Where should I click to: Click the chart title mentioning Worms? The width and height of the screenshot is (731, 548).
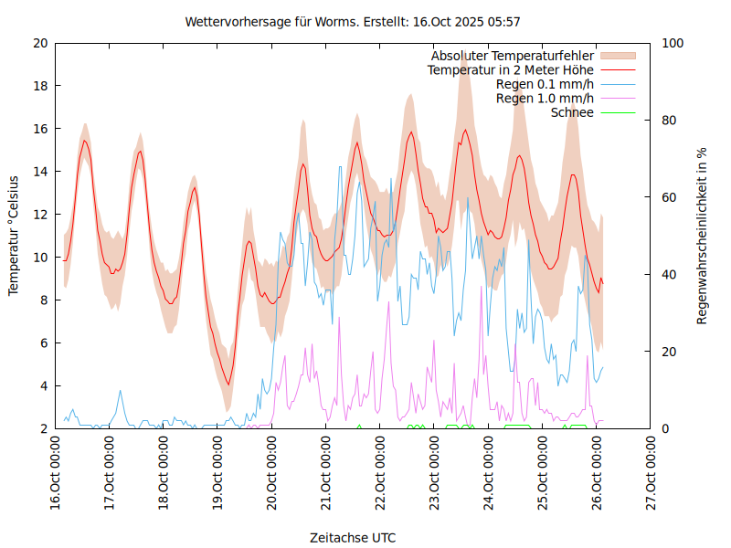(x=353, y=21)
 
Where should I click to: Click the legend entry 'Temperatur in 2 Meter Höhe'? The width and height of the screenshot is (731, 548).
(x=511, y=69)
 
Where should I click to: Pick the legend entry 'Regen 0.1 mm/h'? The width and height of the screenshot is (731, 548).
(x=545, y=84)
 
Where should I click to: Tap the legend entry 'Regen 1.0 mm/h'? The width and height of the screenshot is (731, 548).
(x=545, y=99)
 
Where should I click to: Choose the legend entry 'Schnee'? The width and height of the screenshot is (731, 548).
(x=572, y=112)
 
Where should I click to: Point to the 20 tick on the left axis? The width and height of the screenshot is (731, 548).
(x=40, y=43)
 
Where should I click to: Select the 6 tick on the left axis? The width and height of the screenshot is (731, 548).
(x=44, y=343)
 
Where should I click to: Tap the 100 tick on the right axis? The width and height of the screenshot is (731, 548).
(x=673, y=43)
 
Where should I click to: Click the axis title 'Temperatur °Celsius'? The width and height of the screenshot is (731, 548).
(x=14, y=236)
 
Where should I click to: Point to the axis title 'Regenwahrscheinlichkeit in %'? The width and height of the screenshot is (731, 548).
(x=702, y=236)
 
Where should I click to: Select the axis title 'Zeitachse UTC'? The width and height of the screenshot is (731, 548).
(x=353, y=537)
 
